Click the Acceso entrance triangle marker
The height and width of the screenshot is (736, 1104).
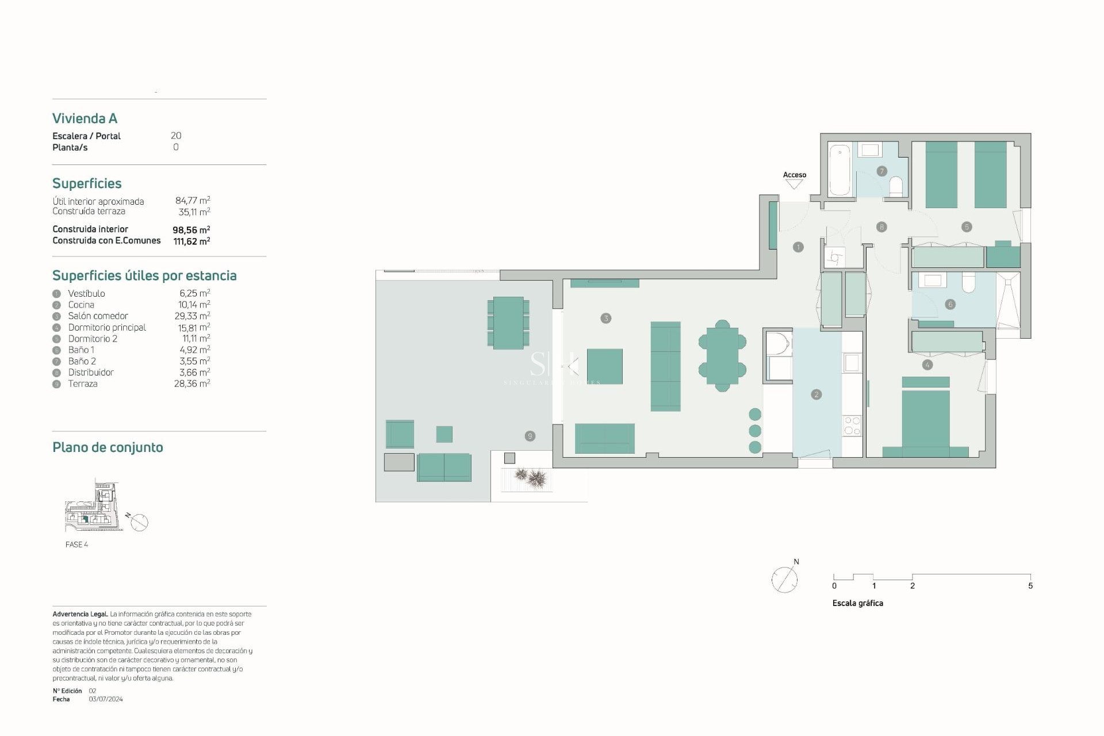(x=794, y=184)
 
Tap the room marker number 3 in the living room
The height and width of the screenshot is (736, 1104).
(x=605, y=318)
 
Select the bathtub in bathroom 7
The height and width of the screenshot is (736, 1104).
(x=839, y=170)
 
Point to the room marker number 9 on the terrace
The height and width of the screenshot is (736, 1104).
(x=530, y=436)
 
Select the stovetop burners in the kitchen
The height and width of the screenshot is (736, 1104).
(x=852, y=425)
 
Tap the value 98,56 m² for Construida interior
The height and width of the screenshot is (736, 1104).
(x=191, y=229)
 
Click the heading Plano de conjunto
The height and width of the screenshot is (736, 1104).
(x=108, y=447)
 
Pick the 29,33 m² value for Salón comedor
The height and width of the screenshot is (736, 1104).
(x=192, y=316)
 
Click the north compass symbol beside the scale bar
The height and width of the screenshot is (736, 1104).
(x=784, y=579)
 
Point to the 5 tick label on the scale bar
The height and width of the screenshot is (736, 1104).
(x=1030, y=586)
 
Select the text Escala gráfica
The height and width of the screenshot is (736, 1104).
(x=857, y=603)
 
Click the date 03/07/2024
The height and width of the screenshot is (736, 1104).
(x=106, y=699)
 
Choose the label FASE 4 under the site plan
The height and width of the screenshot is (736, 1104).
(x=76, y=545)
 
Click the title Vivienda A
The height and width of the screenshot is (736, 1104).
(x=85, y=118)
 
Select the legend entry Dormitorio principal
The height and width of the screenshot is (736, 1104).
(x=107, y=327)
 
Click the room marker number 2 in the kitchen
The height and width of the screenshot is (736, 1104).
(x=816, y=394)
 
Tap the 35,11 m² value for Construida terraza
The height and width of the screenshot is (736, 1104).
(x=194, y=212)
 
